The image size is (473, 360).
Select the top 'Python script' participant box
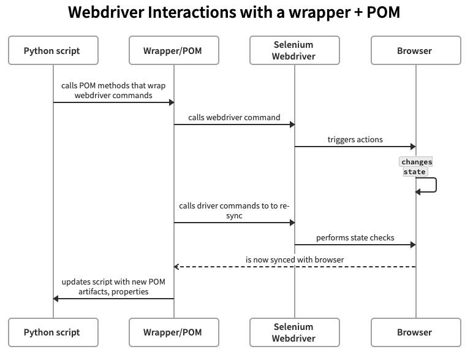pyautogui.click(x=52, y=51)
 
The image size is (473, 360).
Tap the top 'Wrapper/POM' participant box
pyautogui.click(x=173, y=51)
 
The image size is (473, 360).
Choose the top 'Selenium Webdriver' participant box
pyautogui.click(x=293, y=51)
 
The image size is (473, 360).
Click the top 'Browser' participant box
pyautogui.click(x=415, y=51)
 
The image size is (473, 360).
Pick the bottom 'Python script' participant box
pyautogui.click(x=52, y=332)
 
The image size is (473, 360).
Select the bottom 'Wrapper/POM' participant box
pyautogui.click(x=173, y=332)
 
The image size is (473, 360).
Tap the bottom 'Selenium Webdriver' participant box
pyautogui.click(x=293, y=332)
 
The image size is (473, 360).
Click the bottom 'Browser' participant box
pyautogui.click(x=415, y=332)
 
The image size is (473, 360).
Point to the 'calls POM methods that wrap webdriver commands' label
pyautogui.click(x=113, y=90)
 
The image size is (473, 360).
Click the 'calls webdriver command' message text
pyautogui.click(x=234, y=117)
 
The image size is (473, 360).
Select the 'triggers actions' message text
pyautogui.click(x=355, y=139)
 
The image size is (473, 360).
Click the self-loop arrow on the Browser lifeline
pyautogui.click(x=434, y=185)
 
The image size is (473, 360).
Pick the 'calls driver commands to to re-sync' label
pyautogui.click(x=234, y=211)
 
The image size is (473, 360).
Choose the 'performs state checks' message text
pyautogui.click(x=355, y=237)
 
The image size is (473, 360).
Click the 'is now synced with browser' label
pyautogui.click(x=295, y=259)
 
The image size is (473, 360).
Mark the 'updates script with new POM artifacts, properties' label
pyautogui.click(x=113, y=286)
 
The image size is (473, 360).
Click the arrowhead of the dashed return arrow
pyautogui.click(x=176, y=267)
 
